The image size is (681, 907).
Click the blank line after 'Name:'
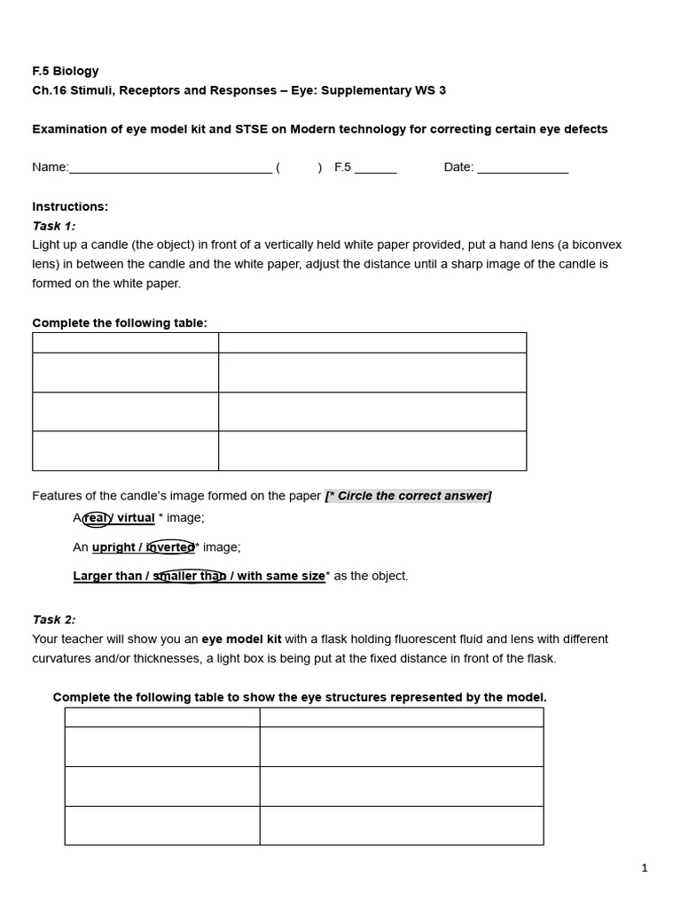tap(170, 168)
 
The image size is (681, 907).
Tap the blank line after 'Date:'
tap(522, 168)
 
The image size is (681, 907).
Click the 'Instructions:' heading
tap(70, 206)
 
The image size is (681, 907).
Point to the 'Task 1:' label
tap(54, 226)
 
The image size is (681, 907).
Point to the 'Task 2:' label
tap(54, 620)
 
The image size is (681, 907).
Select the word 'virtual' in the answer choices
tap(136, 518)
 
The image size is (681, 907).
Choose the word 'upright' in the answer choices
tap(113, 547)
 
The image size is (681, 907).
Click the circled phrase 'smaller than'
tap(190, 577)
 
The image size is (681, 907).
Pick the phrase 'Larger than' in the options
tap(105, 577)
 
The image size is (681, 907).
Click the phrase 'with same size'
tap(280, 577)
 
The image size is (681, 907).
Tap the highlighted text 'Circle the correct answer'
tap(413, 496)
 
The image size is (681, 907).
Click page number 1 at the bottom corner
tap(645, 868)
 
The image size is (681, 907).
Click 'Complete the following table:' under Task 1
tap(120, 323)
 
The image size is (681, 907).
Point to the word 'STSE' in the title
tap(252, 129)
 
